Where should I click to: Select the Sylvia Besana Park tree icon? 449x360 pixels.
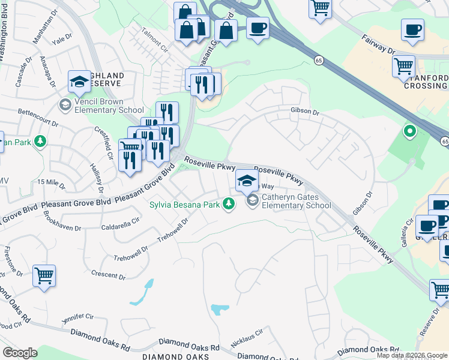pyautogui.click(x=228, y=205)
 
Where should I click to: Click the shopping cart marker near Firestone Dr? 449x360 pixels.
pyautogui.click(x=44, y=276)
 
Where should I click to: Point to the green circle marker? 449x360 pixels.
pyautogui.click(x=410, y=130)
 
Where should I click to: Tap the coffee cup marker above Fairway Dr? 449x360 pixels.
pyautogui.click(x=412, y=30)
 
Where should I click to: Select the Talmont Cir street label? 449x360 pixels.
pyautogui.click(x=153, y=37)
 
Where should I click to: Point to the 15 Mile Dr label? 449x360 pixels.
pyautogui.click(x=50, y=182)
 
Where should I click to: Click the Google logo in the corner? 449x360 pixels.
pyautogui.click(x=19, y=352)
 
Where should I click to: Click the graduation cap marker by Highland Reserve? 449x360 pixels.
pyautogui.click(x=79, y=82)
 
